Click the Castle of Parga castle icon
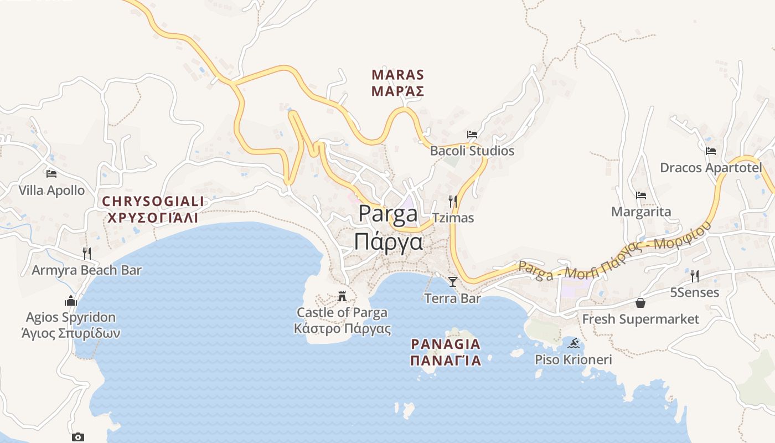point(343,296)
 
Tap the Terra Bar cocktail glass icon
point(453,282)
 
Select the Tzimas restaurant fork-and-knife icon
point(453,201)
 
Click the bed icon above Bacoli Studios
point(472,134)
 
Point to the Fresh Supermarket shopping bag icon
point(640,302)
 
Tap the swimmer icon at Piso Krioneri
point(573,343)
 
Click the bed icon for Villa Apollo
point(51,173)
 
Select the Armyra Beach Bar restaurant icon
point(86,253)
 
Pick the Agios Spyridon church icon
point(71,301)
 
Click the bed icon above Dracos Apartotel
point(711,151)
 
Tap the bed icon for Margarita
point(641,195)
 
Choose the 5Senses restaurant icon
point(695,276)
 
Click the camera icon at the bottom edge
point(78,437)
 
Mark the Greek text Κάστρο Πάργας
point(342,329)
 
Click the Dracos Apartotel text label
point(711,167)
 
